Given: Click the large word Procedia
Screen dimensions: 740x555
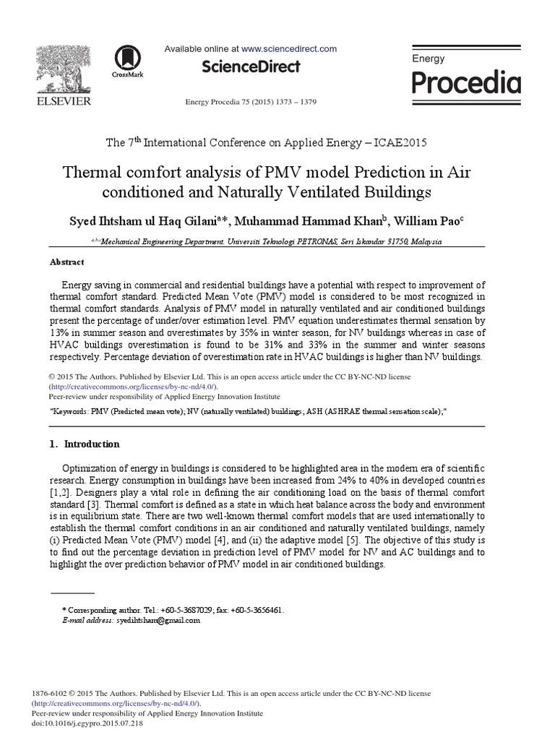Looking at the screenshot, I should tap(465, 84).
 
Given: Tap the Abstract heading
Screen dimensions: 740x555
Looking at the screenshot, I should tap(66, 262).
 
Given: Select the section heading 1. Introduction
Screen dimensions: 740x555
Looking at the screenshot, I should tap(85, 444).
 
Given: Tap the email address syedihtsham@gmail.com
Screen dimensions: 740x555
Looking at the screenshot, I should tap(158, 620).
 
